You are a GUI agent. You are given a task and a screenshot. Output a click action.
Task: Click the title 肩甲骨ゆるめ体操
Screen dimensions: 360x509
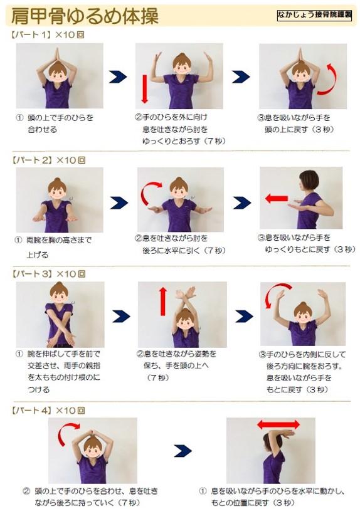pos(85,16)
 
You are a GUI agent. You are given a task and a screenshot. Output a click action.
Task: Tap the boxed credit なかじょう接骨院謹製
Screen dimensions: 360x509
pos(314,15)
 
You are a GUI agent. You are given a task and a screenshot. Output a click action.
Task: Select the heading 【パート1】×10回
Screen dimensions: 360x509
pos(48,34)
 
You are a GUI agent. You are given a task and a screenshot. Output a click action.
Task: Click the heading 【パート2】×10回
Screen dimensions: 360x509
pos(48,160)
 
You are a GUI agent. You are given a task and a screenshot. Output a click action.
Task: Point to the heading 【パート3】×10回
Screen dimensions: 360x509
pos(48,274)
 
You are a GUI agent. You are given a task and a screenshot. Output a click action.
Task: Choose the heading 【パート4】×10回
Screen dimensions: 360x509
pos(48,411)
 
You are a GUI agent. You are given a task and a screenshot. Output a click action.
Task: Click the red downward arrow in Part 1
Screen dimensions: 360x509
pos(145,89)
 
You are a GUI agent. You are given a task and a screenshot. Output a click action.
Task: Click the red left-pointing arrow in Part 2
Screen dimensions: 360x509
pos(277,198)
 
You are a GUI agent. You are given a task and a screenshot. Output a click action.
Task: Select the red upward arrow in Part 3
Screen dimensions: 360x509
pos(163,302)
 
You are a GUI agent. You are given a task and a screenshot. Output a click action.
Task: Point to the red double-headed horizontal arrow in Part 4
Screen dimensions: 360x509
pos(278,424)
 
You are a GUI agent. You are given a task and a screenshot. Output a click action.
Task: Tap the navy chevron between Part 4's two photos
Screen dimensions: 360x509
pos(183,451)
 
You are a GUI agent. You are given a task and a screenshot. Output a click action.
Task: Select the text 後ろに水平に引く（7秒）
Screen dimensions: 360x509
pos(184,251)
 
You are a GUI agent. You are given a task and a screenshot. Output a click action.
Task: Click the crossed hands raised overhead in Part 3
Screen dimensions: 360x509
pos(186,294)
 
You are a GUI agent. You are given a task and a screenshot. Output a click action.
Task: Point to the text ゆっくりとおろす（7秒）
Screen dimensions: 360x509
pos(184,141)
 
